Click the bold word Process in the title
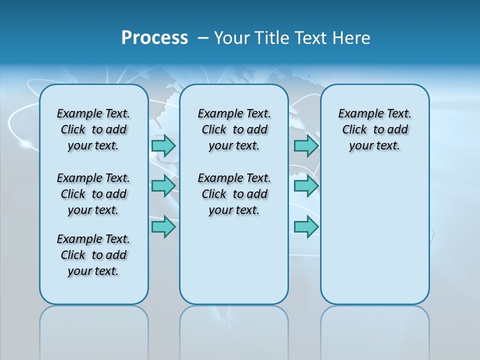pos(154,38)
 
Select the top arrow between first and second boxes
pos(163,145)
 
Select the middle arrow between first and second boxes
pos(163,186)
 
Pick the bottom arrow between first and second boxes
pos(163,226)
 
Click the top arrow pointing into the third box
pos(306,145)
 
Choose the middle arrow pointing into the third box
pos(306,186)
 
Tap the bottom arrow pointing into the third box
pos(306,226)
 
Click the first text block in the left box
pos(93,129)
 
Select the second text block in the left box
pos(93,194)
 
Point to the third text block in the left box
pos(93,255)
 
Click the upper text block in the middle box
pos(234,129)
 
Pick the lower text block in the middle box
pos(234,194)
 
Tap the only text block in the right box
pos(374,129)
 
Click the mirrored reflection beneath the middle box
pos(234,332)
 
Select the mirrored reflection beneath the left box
pos(93,332)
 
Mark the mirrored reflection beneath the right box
pos(374,332)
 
